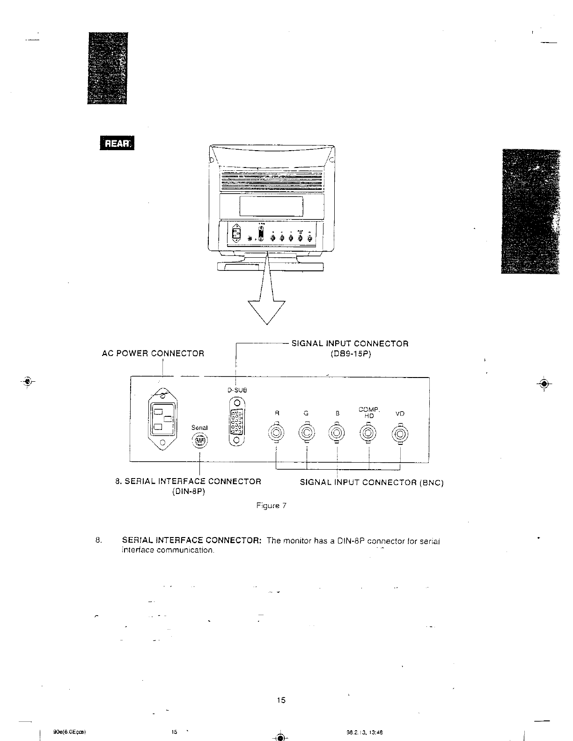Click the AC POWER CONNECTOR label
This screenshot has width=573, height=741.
[x=153, y=354]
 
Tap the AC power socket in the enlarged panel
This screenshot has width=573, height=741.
[x=162, y=419]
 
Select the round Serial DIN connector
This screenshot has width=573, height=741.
[x=200, y=441]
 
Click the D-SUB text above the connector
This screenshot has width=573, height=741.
[x=237, y=390]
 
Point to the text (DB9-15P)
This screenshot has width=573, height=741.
[x=350, y=354]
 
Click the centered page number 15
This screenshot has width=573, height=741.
[x=281, y=700]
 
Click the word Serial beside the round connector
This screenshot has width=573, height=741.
[x=200, y=428]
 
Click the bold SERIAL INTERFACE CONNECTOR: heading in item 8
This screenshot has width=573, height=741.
[x=191, y=541]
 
